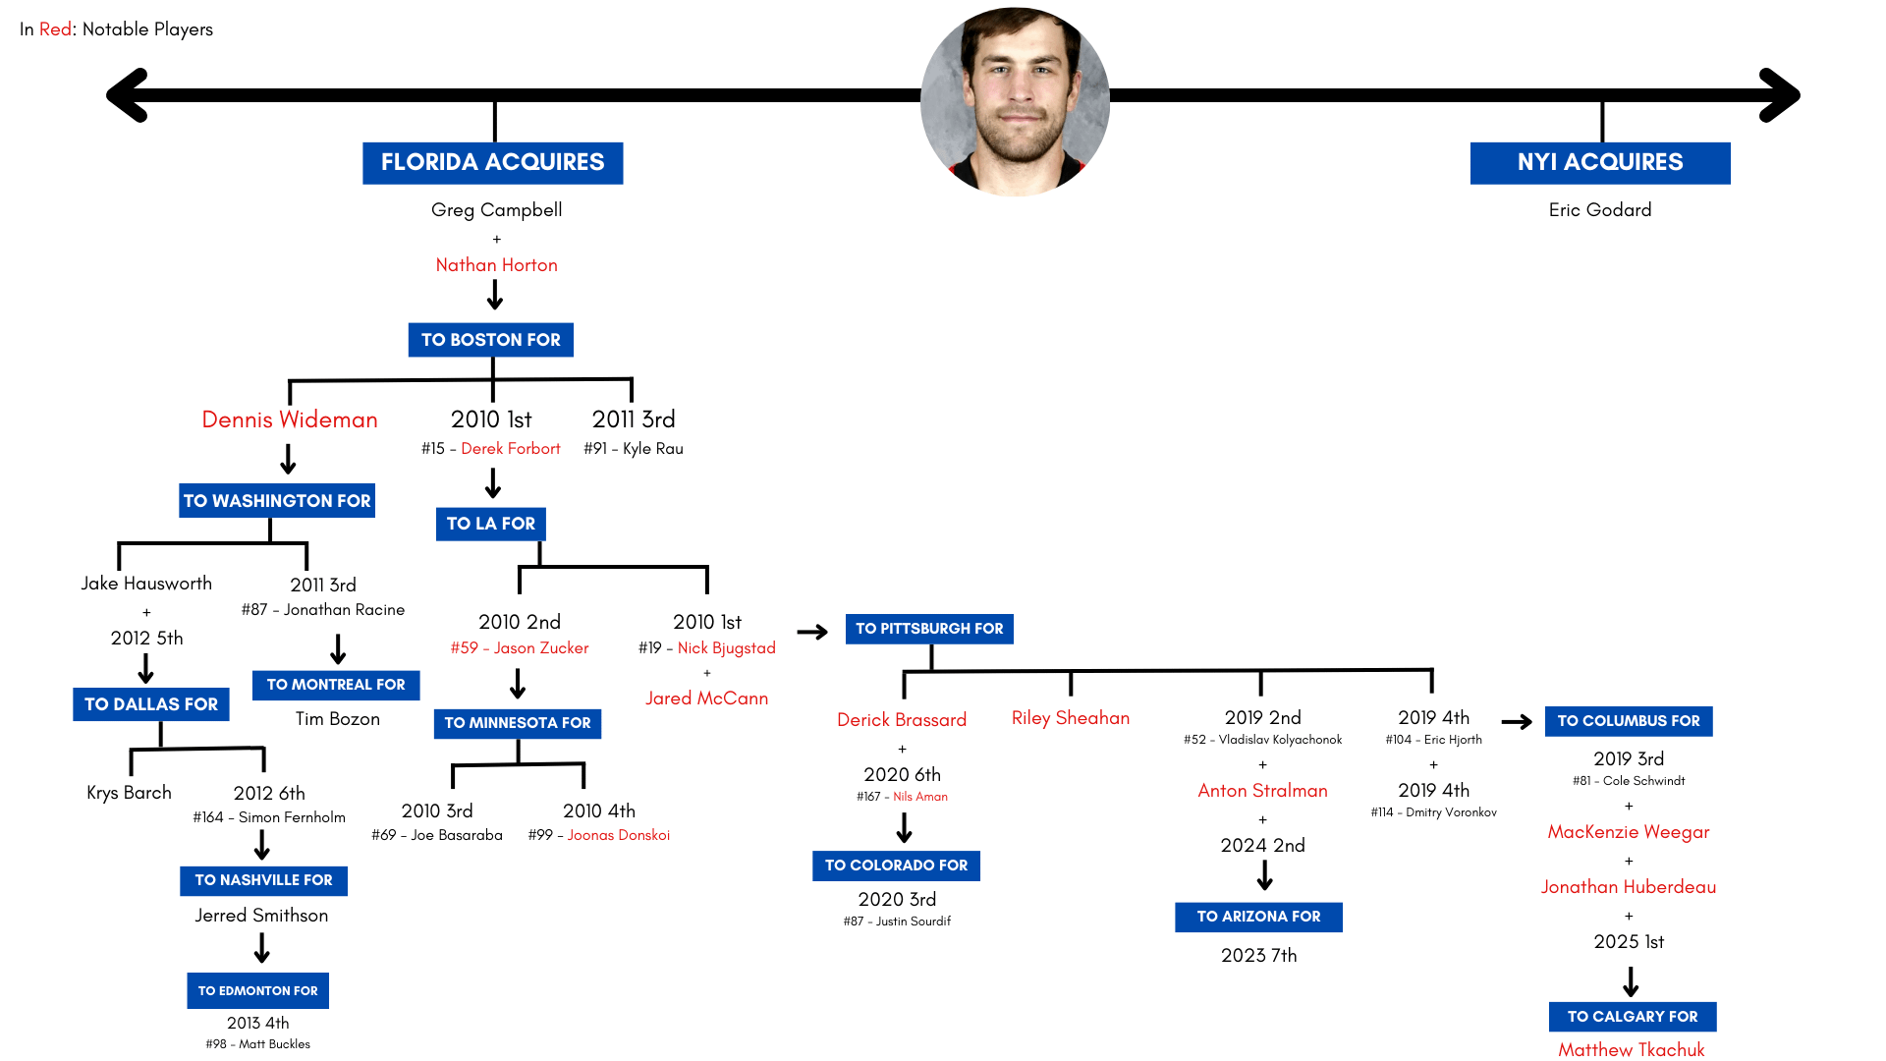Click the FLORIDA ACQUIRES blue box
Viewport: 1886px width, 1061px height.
492,163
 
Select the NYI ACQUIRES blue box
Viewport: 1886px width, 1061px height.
1599,163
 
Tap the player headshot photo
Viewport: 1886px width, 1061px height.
1015,102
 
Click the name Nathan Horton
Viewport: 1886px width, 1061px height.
496,265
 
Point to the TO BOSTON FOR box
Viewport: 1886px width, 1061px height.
490,340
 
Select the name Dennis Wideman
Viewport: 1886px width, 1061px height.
290,419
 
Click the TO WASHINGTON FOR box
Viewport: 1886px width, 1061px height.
277,501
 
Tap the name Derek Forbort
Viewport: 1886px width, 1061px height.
511,449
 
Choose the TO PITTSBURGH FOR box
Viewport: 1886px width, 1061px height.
929,629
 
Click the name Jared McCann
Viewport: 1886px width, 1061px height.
706,698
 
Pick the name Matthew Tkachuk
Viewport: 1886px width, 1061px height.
1631,1050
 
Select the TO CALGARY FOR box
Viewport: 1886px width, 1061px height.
1632,1017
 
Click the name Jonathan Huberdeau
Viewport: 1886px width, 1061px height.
1628,887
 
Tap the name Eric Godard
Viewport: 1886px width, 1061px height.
1599,210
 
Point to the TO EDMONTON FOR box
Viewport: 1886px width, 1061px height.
257,991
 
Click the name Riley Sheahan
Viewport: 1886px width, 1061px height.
1070,718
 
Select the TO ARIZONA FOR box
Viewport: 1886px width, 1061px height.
1258,917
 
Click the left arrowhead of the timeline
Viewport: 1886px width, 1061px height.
129,95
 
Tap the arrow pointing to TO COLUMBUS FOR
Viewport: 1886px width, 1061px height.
1517,722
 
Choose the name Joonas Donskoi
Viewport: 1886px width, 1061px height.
618,835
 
